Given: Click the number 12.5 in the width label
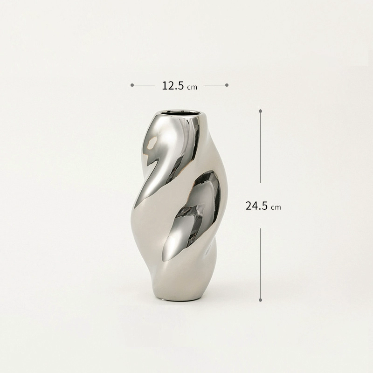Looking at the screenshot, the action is (x=173, y=86).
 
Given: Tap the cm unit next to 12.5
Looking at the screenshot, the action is (x=192, y=87).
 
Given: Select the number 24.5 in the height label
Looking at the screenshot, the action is (x=256, y=206).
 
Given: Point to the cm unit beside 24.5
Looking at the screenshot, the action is (x=276, y=207).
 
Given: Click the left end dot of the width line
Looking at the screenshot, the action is (x=132, y=85).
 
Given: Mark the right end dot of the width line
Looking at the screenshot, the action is (x=227, y=85).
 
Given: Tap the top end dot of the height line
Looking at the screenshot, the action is (x=261, y=111).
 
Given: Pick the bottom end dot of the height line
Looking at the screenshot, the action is (x=260, y=300).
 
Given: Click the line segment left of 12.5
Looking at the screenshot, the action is (x=144, y=85).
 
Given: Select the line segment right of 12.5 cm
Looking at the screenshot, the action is (x=215, y=85).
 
